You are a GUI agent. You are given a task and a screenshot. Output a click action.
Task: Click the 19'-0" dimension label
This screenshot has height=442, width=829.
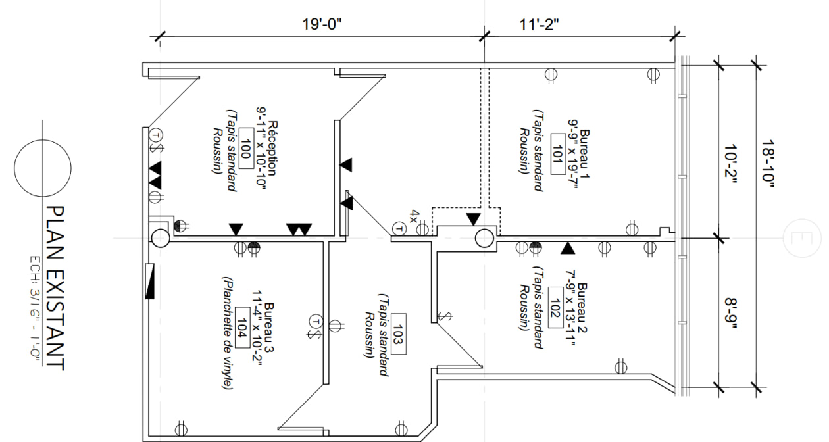coord(322,24)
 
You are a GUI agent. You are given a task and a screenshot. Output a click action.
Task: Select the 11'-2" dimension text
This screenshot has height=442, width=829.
coord(539,25)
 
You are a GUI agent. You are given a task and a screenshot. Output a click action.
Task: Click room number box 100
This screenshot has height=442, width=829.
coord(247,148)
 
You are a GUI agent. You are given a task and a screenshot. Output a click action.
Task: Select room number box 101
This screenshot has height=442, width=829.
coord(558,154)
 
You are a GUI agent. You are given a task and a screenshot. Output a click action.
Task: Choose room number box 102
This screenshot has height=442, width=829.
coord(555,307)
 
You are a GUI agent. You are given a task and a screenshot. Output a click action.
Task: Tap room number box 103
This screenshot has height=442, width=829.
coord(398,334)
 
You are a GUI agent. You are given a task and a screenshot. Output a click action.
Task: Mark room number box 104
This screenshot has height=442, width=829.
coord(242,328)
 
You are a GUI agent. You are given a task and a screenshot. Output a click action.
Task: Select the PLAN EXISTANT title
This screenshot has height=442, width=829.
coord(55,288)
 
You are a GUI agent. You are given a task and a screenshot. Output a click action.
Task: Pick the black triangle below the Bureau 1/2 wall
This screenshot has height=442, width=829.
coord(568,248)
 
